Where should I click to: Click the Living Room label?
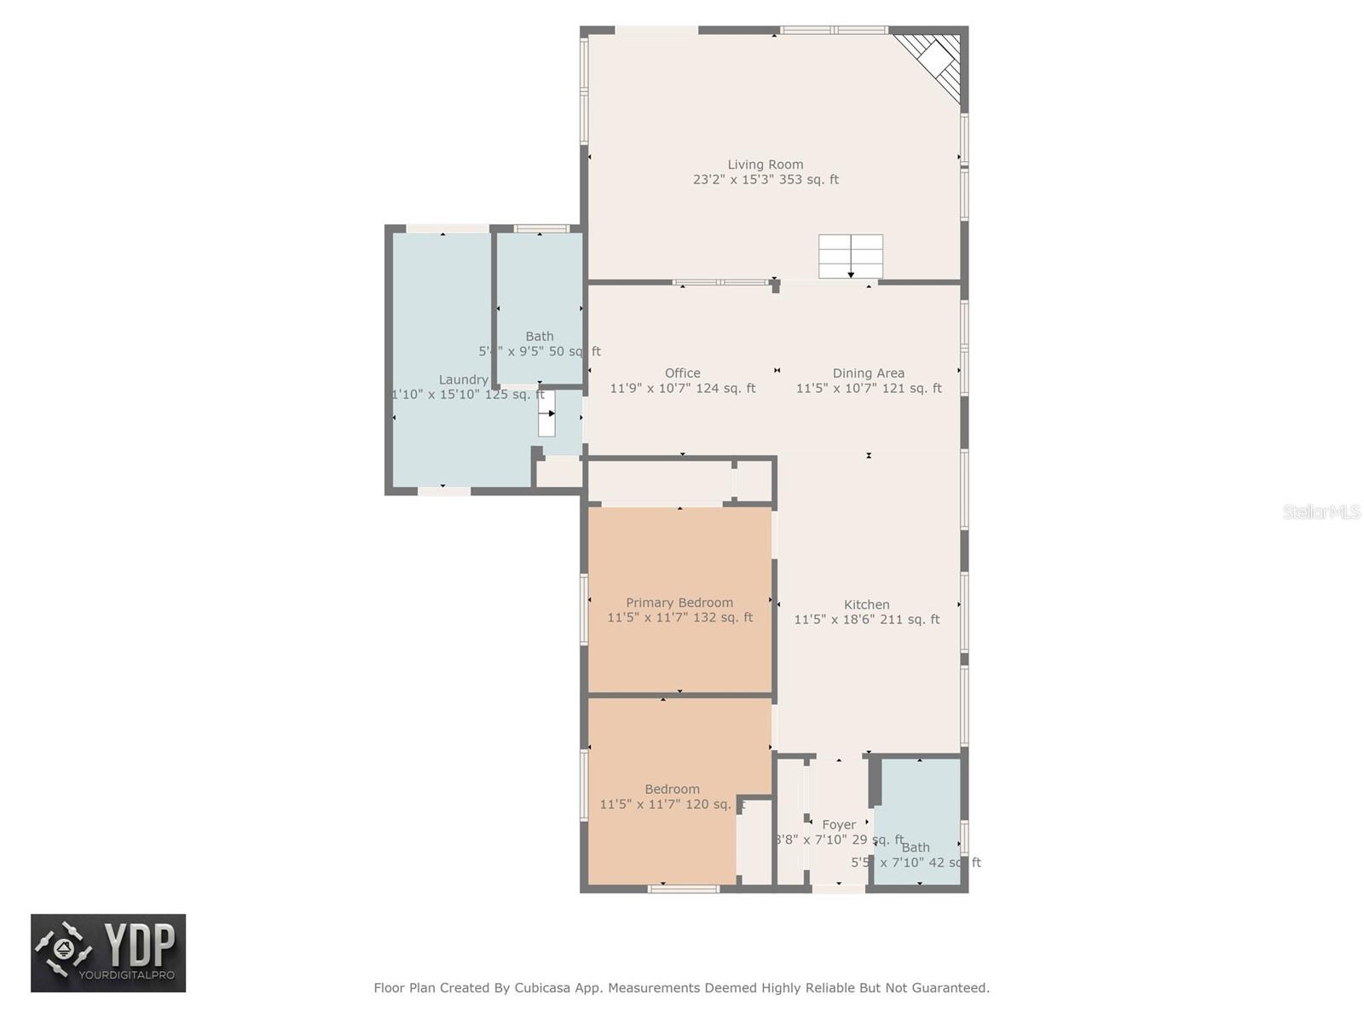coord(765,165)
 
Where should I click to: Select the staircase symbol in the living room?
coord(850,257)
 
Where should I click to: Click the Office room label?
coord(682,373)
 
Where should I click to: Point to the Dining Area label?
coord(868,373)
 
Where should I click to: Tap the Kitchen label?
coord(866,604)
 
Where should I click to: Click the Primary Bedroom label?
coord(679,603)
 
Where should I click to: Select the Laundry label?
coord(463,380)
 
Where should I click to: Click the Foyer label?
coord(838,825)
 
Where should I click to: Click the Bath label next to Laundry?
coord(539,337)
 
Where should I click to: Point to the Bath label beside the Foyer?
coord(915,847)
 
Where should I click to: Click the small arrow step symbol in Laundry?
coord(546,413)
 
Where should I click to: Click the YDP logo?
coord(108,953)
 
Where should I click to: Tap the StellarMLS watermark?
coord(1321,512)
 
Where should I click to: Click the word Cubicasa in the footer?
coord(542,988)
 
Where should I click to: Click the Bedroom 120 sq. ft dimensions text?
coord(672,804)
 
